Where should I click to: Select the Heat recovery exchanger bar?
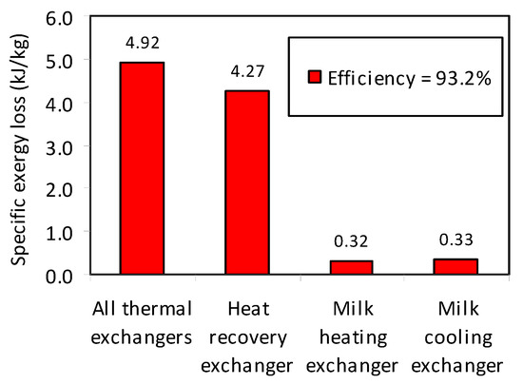coord(245,182)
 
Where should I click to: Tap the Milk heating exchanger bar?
coord(352,267)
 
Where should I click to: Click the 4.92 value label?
coord(141,42)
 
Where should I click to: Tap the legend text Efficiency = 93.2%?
coord(409,80)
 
